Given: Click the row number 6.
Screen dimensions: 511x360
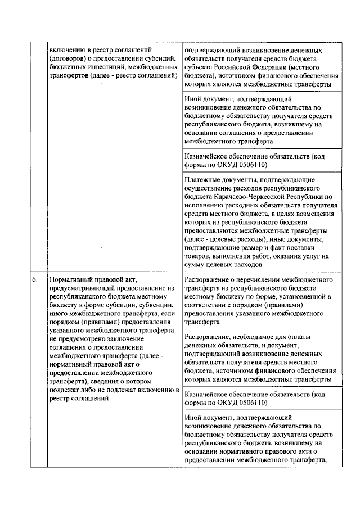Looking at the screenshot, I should tap(34, 279).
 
